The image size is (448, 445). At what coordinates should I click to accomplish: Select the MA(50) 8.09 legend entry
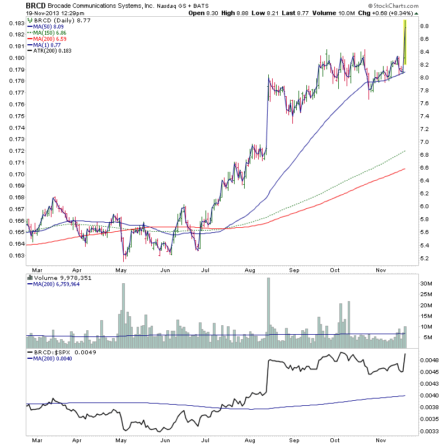[x=47, y=26]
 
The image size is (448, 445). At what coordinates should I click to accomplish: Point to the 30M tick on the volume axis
[x=427, y=284]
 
